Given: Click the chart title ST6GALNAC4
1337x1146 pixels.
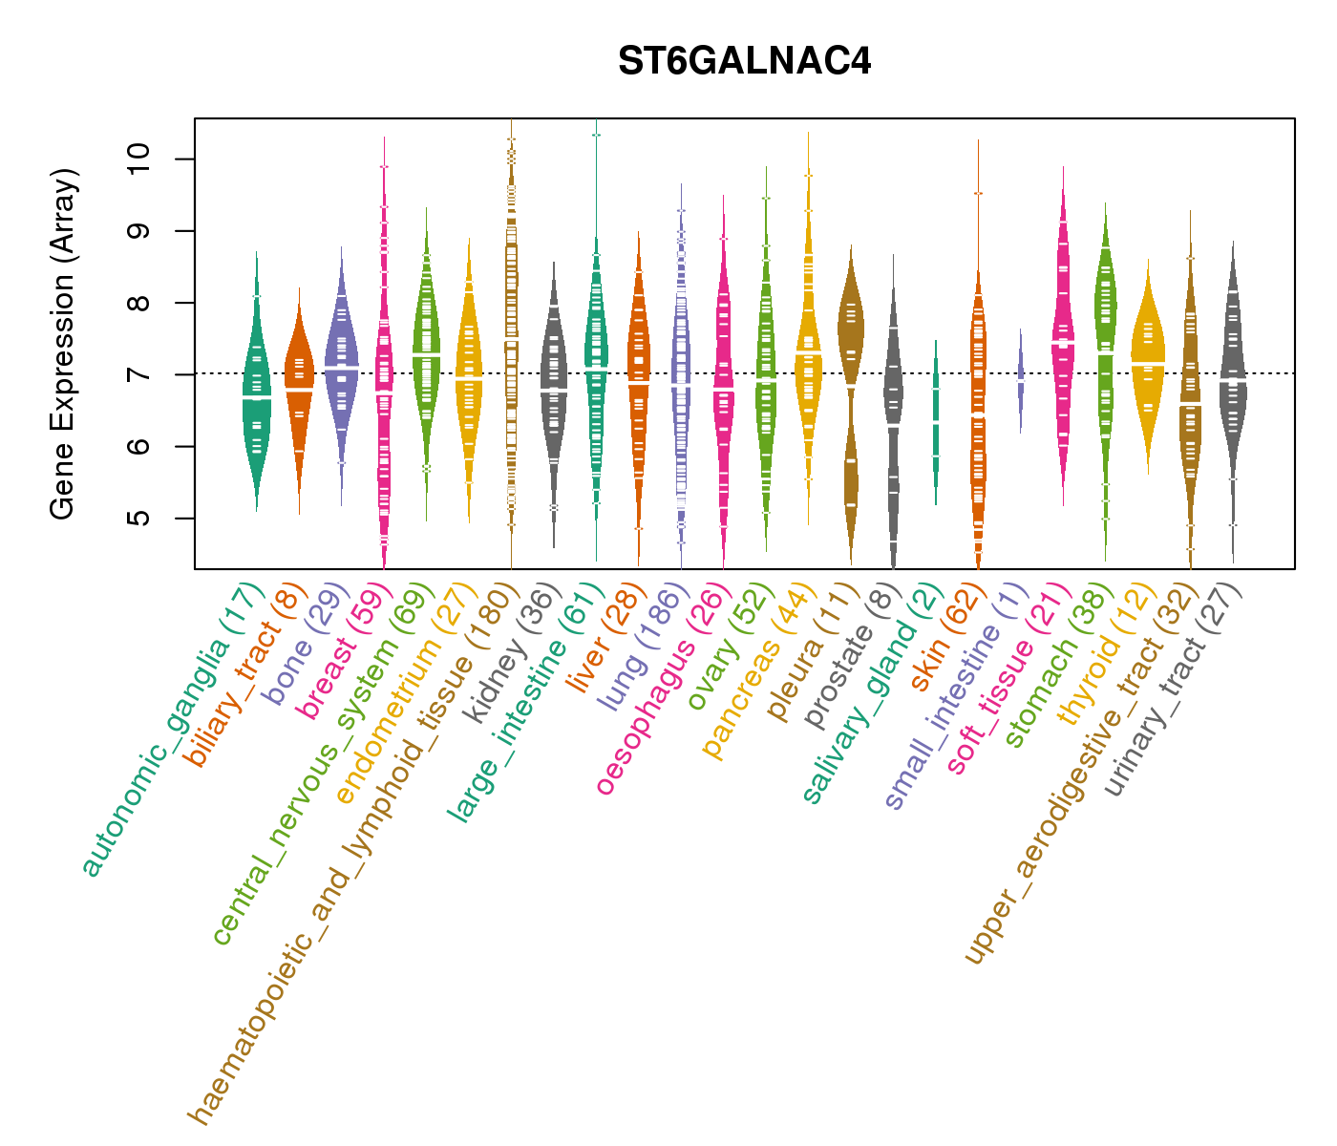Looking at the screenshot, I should [744, 62].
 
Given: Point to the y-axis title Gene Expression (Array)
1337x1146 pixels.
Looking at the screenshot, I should [63, 344].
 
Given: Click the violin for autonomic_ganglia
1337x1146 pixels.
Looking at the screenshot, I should [256, 392].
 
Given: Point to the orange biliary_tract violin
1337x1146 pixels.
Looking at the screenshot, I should [299, 382].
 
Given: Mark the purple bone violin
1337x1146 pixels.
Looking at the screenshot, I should [341, 363].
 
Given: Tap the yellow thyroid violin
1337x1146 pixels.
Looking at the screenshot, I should [1147, 363].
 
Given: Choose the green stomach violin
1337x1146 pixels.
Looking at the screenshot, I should [1105, 315].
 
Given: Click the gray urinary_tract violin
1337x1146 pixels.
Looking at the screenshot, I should [1233, 382].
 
